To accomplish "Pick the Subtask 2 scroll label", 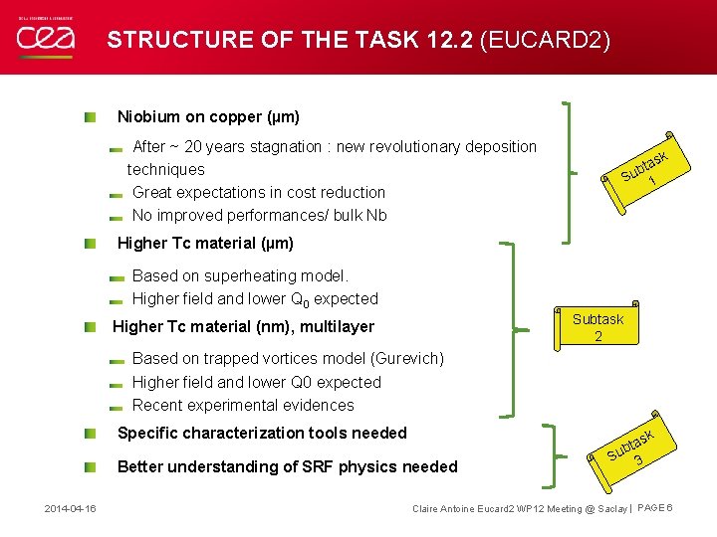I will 597,327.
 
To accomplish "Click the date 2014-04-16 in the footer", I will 70,509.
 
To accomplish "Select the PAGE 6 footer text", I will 655,509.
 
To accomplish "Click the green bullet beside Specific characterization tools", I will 90,434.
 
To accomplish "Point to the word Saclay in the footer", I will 608,509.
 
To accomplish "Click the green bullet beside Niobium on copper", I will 90,117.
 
